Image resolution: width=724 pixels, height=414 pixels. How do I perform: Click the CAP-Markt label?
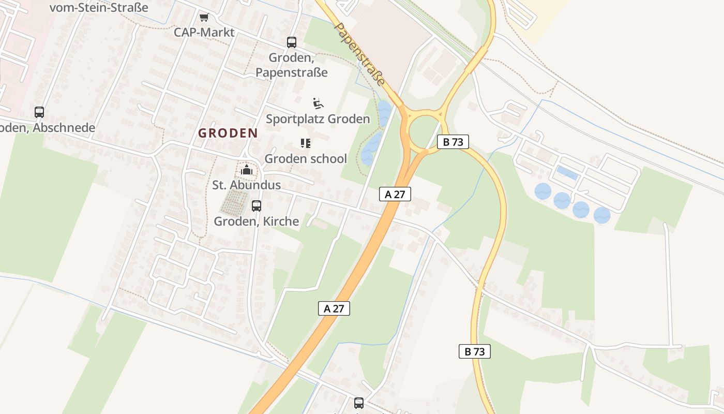pos(204,32)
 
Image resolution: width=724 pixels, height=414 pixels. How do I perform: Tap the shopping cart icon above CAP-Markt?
pos(204,18)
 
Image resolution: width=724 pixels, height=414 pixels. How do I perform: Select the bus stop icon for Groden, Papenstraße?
pos(292,42)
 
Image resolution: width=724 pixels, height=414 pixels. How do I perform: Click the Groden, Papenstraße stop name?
pos(292,65)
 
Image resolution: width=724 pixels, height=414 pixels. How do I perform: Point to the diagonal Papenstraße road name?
pos(360,53)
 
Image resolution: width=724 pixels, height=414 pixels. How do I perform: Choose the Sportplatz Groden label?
pos(318,119)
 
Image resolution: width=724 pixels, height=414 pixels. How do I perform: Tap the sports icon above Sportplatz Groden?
pos(318,103)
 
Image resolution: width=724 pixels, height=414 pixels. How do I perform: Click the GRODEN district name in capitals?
pos(228,133)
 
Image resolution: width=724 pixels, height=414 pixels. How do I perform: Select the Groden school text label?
pos(306,158)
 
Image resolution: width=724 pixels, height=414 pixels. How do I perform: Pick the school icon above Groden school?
pos(306,143)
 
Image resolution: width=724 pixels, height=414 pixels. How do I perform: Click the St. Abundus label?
pos(247,185)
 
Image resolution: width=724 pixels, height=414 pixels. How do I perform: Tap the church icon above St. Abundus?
pos(247,170)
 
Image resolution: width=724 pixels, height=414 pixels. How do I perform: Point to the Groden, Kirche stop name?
pos(257,221)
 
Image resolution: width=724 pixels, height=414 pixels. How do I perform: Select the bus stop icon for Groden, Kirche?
pos(257,206)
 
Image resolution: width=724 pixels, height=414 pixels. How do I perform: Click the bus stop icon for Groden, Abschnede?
pos(39,112)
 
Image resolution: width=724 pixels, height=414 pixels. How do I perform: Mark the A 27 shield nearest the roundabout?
pos(395,194)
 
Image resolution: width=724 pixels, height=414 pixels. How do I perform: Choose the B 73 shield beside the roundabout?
pos(453,142)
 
